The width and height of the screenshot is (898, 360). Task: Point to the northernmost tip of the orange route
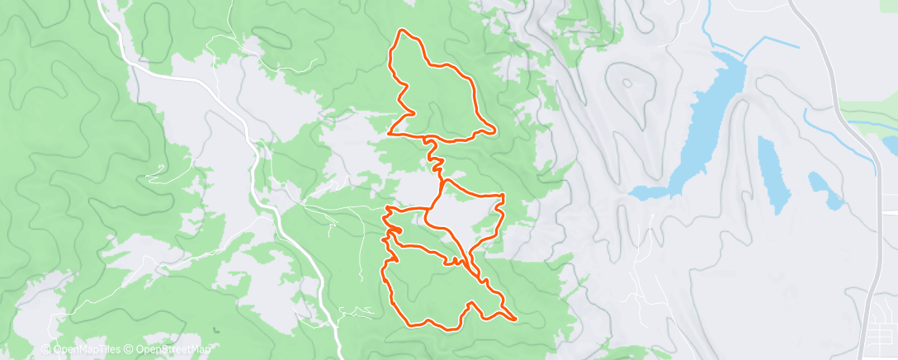(x=402, y=31)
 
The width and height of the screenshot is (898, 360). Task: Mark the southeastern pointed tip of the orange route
(x=516, y=317)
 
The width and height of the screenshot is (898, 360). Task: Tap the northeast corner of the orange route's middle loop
(x=502, y=195)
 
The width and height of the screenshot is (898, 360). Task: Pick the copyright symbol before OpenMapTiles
(x=47, y=348)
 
